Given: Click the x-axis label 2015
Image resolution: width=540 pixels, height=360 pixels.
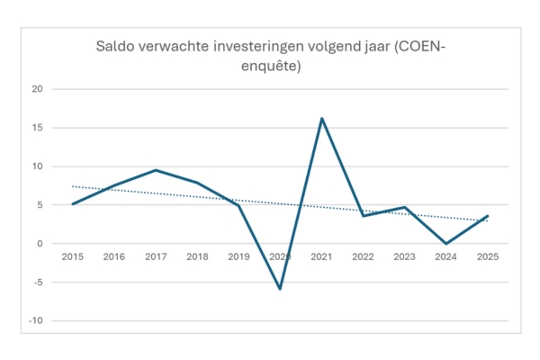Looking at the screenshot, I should pos(73,257).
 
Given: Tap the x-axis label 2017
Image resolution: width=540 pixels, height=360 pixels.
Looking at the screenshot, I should pos(156,257).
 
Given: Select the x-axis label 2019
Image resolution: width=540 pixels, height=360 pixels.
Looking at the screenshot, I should pos(238,257).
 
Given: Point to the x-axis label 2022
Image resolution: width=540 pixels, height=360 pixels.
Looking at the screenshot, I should pos(363,257).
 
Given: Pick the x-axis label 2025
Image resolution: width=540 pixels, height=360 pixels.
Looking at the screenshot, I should pos(487,257).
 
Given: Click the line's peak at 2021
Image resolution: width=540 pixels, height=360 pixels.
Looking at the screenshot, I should pos(321,118).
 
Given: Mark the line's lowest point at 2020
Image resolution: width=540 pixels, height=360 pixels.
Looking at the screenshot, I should pos(280,289).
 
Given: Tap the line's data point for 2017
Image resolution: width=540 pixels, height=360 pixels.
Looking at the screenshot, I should pos(156,170).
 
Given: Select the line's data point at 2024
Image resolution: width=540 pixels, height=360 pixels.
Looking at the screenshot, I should pos(445,244).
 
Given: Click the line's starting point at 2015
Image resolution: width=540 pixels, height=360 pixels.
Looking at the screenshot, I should pos(73,204).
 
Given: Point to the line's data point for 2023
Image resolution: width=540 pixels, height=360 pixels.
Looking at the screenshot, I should pos(404,208).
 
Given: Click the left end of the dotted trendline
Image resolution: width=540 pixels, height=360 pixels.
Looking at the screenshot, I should pos(73,186).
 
